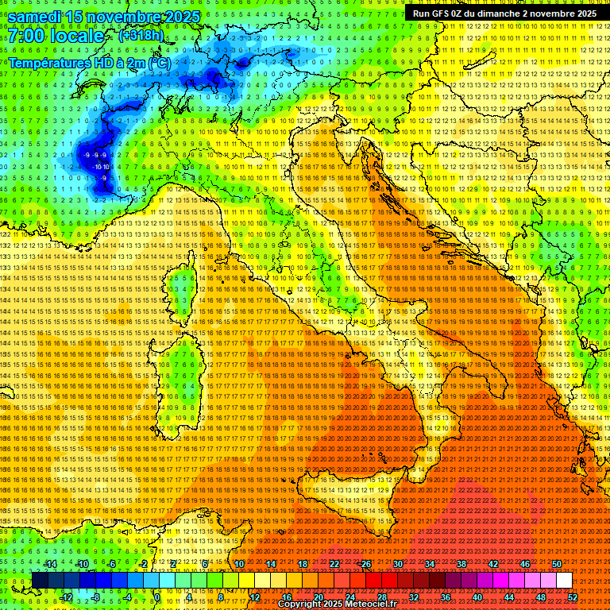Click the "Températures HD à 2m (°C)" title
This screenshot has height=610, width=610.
pyautogui.click(x=89, y=62)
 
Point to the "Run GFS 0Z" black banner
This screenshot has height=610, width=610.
pyautogui.click(x=505, y=14)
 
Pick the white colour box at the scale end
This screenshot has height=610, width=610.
pyautogui.click(x=564, y=581)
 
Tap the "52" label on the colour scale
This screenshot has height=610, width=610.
pyautogui.click(x=573, y=596)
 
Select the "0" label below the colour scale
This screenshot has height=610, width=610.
pyautogui.click(x=157, y=596)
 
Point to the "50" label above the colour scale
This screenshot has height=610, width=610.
pyautogui.click(x=556, y=564)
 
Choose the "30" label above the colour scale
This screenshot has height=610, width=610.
pyautogui.click(x=397, y=564)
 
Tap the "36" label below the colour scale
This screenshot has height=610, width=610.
pyautogui.click(x=446, y=596)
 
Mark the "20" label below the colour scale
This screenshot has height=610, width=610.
pyautogui.click(x=318, y=596)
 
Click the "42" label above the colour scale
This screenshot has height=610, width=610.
pyautogui.click(x=492, y=564)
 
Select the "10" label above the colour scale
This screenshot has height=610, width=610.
pyautogui.click(x=238, y=564)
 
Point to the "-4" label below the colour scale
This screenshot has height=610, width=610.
pyautogui.click(x=126, y=596)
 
